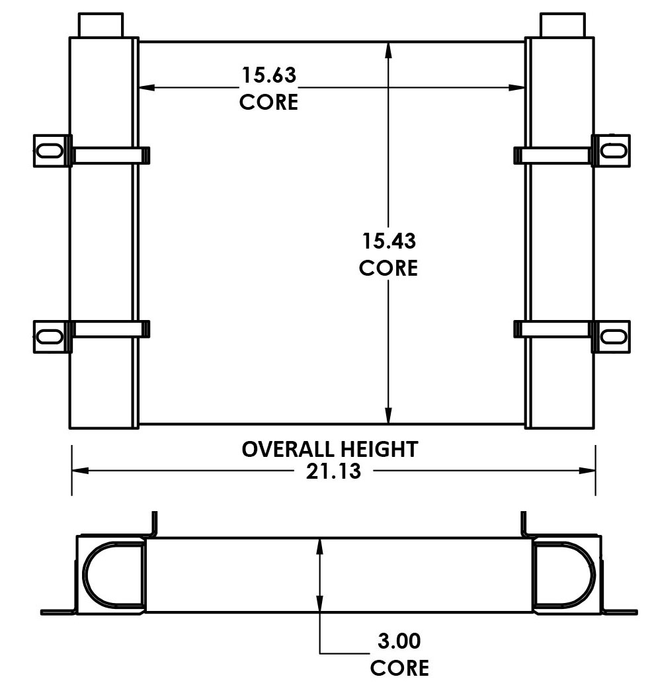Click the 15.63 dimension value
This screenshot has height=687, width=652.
pos(268,75)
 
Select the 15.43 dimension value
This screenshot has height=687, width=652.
pos(388,241)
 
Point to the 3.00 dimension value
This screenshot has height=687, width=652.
pos(399,641)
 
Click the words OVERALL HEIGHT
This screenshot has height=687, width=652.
pos(329,449)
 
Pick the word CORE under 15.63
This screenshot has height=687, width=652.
pos(268,102)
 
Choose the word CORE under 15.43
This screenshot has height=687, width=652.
pos(388,268)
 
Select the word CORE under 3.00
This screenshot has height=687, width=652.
pos(399,667)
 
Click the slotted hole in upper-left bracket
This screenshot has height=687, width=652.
pos(49,150)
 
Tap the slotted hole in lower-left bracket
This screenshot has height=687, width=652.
pos(49,335)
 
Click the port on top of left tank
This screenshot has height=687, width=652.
pos(101,24)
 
